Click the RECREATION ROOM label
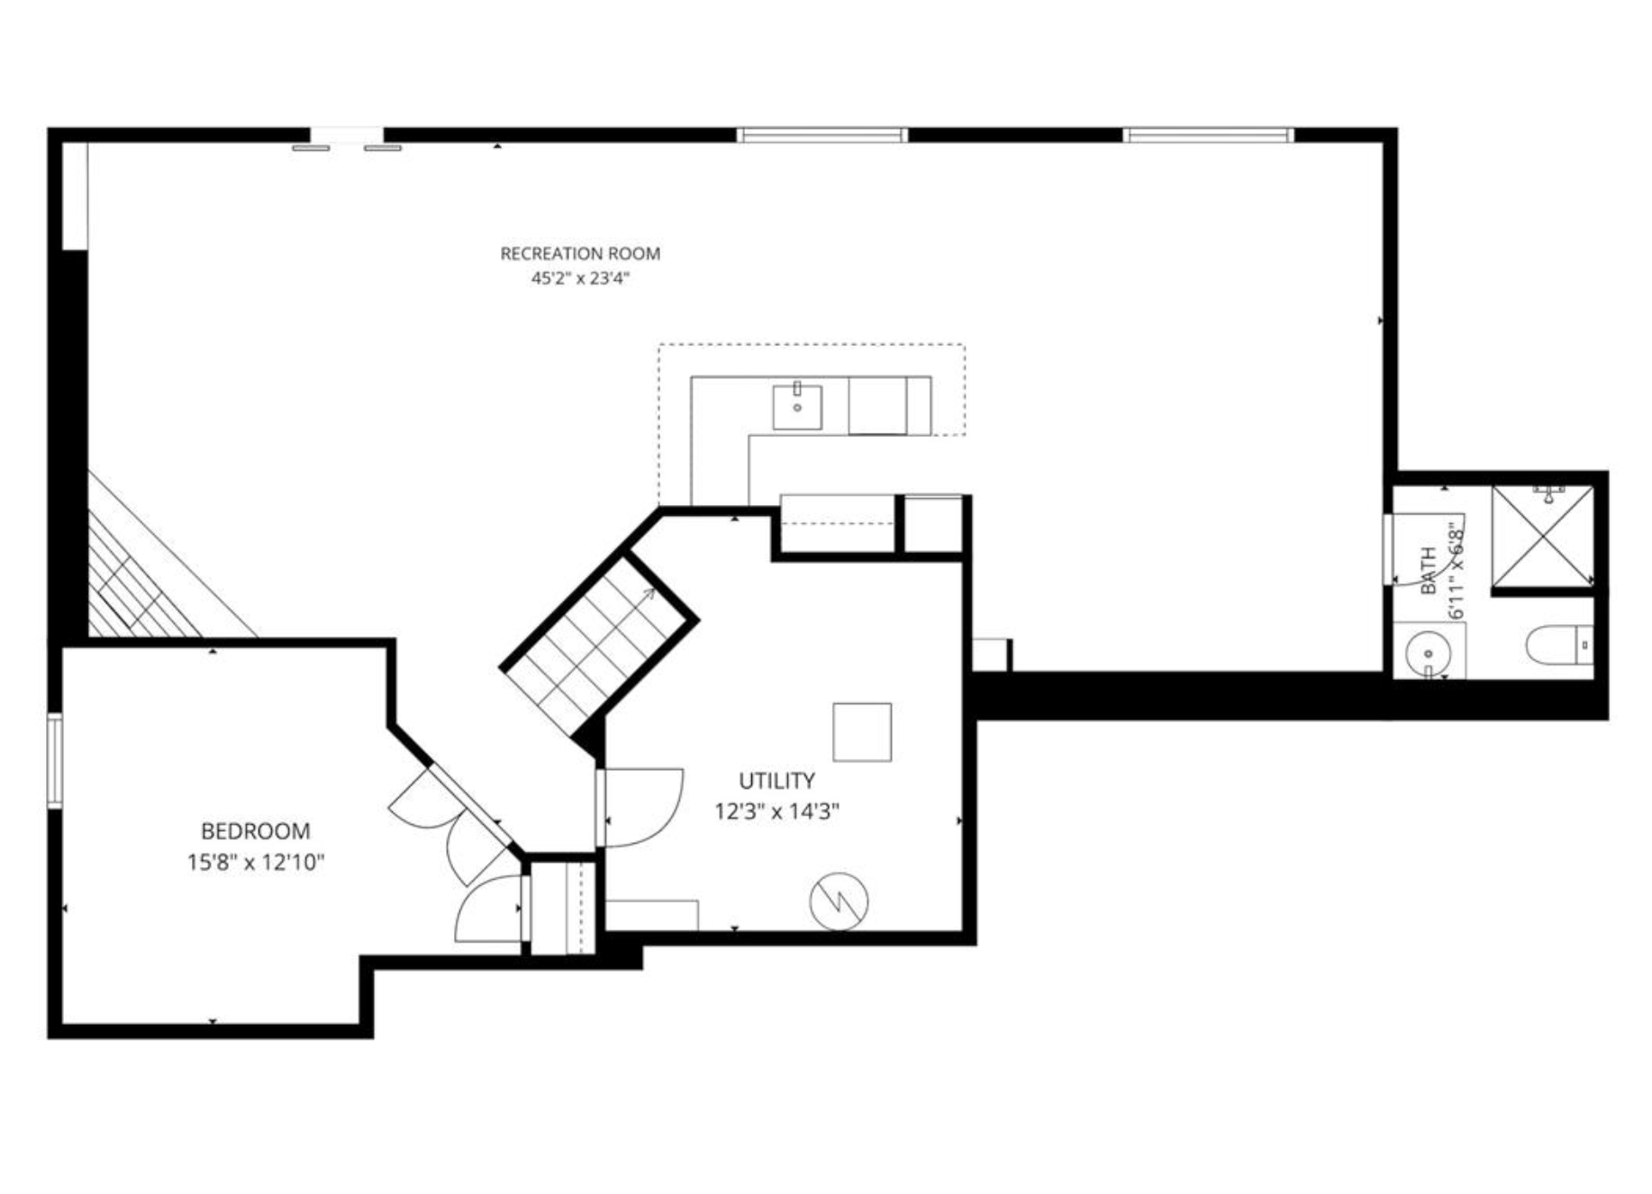click(580, 254)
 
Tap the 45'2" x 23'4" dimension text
click(580, 278)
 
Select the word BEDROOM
click(255, 831)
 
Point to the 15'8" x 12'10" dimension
click(255, 863)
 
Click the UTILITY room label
click(776, 781)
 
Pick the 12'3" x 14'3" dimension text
click(776, 812)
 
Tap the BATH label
click(1429, 571)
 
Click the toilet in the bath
click(1559, 645)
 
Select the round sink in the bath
click(1428, 650)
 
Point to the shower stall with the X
click(1543, 536)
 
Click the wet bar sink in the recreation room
click(797, 408)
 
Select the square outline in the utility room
click(862, 732)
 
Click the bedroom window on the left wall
click(55, 761)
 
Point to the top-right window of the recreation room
click(1208, 136)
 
